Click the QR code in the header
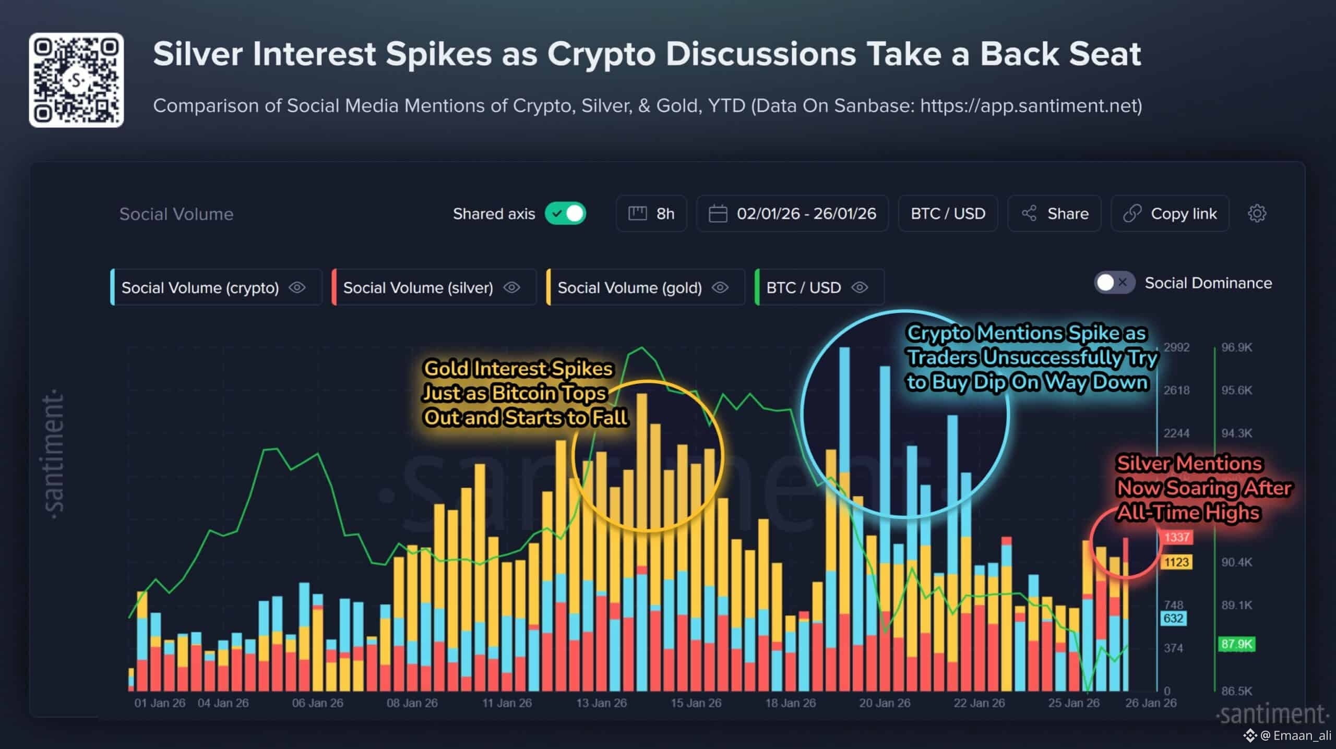(x=76, y=80)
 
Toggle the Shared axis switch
(x=566, y=213)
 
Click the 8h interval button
(x=651, y=213)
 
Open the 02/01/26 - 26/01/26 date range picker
(x=792, y=213)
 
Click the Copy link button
(x=1170, y=213)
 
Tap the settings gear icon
(x=1257, y=213)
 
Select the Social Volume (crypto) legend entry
(x=200, y=287)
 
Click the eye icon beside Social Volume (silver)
(x=511, y=287)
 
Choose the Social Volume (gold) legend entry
(x=629, y=287)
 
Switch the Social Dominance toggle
(x=1114, y=283)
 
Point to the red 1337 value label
(x=1176, y=537)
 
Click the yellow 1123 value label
(x=1176, y=562)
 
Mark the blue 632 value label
(x=1173, y=619)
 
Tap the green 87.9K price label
(x=1236, y=644)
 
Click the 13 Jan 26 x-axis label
(x=601, y=703)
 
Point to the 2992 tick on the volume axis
(x=1176, y=347)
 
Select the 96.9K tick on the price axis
(x=1236, y=347)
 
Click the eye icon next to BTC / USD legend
(x=860, y=287)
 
